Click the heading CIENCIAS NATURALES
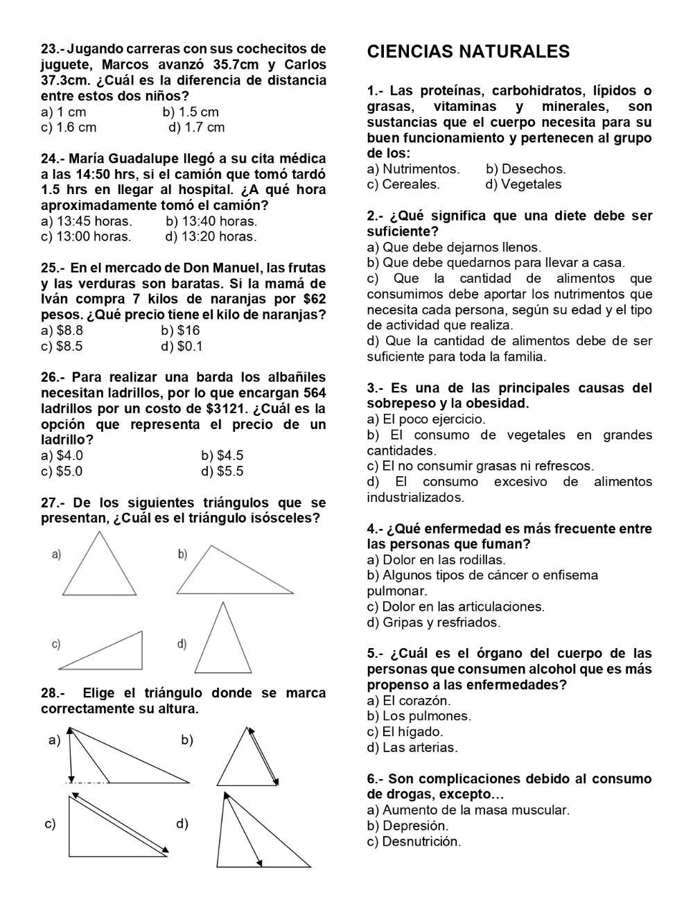(x=468, y=52)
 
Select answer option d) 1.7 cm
(x=197, y=127)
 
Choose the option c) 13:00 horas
(x=86, y=236)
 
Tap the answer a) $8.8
(x=62, y=331)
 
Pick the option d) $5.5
(x=222, y=471)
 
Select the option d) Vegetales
(x=523, y=184)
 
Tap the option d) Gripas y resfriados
(x=433, y=622)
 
